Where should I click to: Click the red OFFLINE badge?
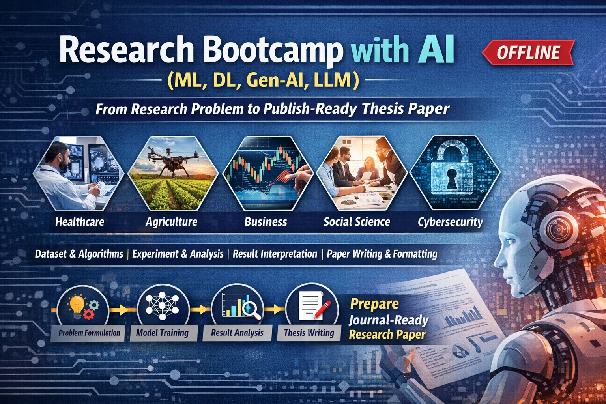click(x=528, y=52)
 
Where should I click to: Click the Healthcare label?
click(x=80, y=222)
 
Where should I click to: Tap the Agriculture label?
click(x=172, y=222)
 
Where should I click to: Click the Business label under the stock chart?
click(x=266, y=222)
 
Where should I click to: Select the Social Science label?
click(x=357, y=222)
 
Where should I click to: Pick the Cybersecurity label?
click(x=450, y=222)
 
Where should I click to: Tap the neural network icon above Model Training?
click(x=162, y=306)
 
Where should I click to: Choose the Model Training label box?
click(x=162, y=333)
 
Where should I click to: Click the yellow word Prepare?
click(x=374, y=304)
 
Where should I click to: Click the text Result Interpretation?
click(x=275, y=254)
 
